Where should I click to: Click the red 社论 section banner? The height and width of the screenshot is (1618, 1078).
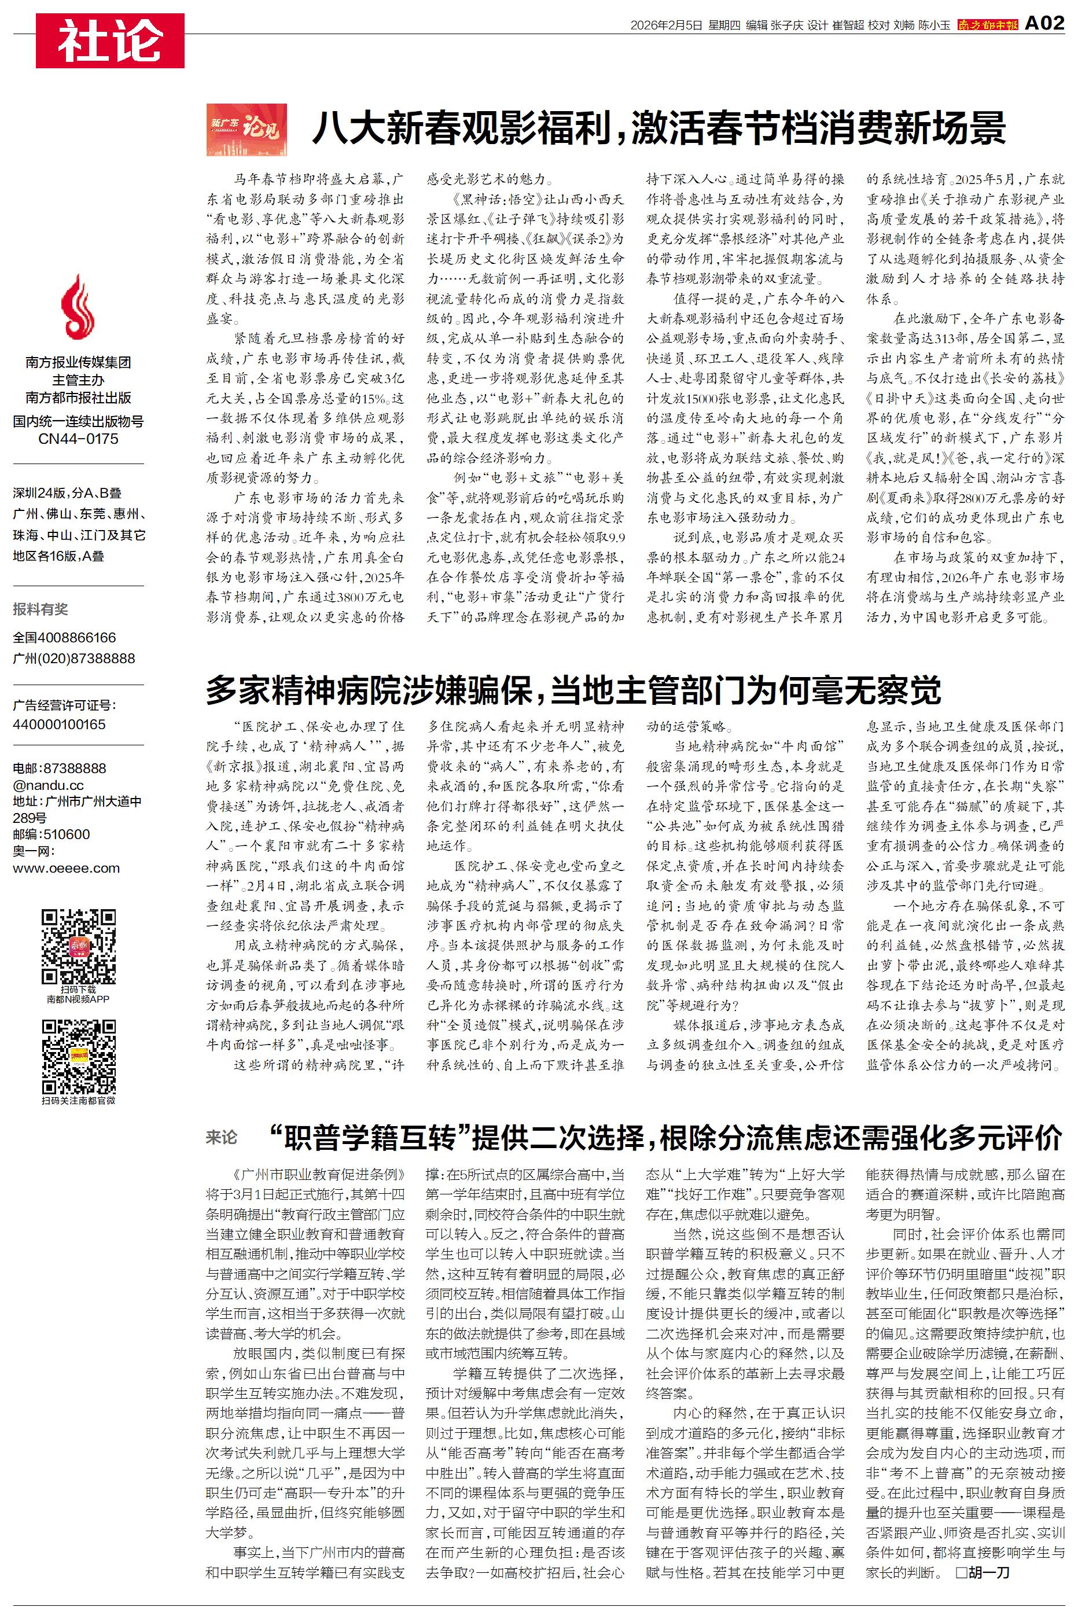coord(110,41)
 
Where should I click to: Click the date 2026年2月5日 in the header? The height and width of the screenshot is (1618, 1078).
coord(666,25)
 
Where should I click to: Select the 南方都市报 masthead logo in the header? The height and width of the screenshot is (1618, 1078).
coord(988,25)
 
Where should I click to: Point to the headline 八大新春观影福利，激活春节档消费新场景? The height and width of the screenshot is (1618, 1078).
coord(658,128)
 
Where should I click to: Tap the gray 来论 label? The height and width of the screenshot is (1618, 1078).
coord(222,1138)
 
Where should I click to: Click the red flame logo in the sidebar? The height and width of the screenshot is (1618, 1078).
coord(78,307)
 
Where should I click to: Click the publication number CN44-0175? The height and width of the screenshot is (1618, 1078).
coord(78,439)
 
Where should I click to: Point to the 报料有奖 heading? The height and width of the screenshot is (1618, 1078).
coord(41,609)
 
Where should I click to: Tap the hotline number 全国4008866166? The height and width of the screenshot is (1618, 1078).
coord(65,637)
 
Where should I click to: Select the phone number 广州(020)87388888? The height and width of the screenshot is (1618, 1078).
coord(74,658)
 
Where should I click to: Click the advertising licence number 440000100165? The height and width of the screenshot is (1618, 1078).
coord(59,724)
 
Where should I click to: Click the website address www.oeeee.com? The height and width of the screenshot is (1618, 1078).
coord(66,867)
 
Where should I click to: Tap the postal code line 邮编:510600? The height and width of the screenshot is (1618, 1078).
coord(51,834)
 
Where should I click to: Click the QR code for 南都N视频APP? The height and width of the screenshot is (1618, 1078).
coord(78,946)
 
